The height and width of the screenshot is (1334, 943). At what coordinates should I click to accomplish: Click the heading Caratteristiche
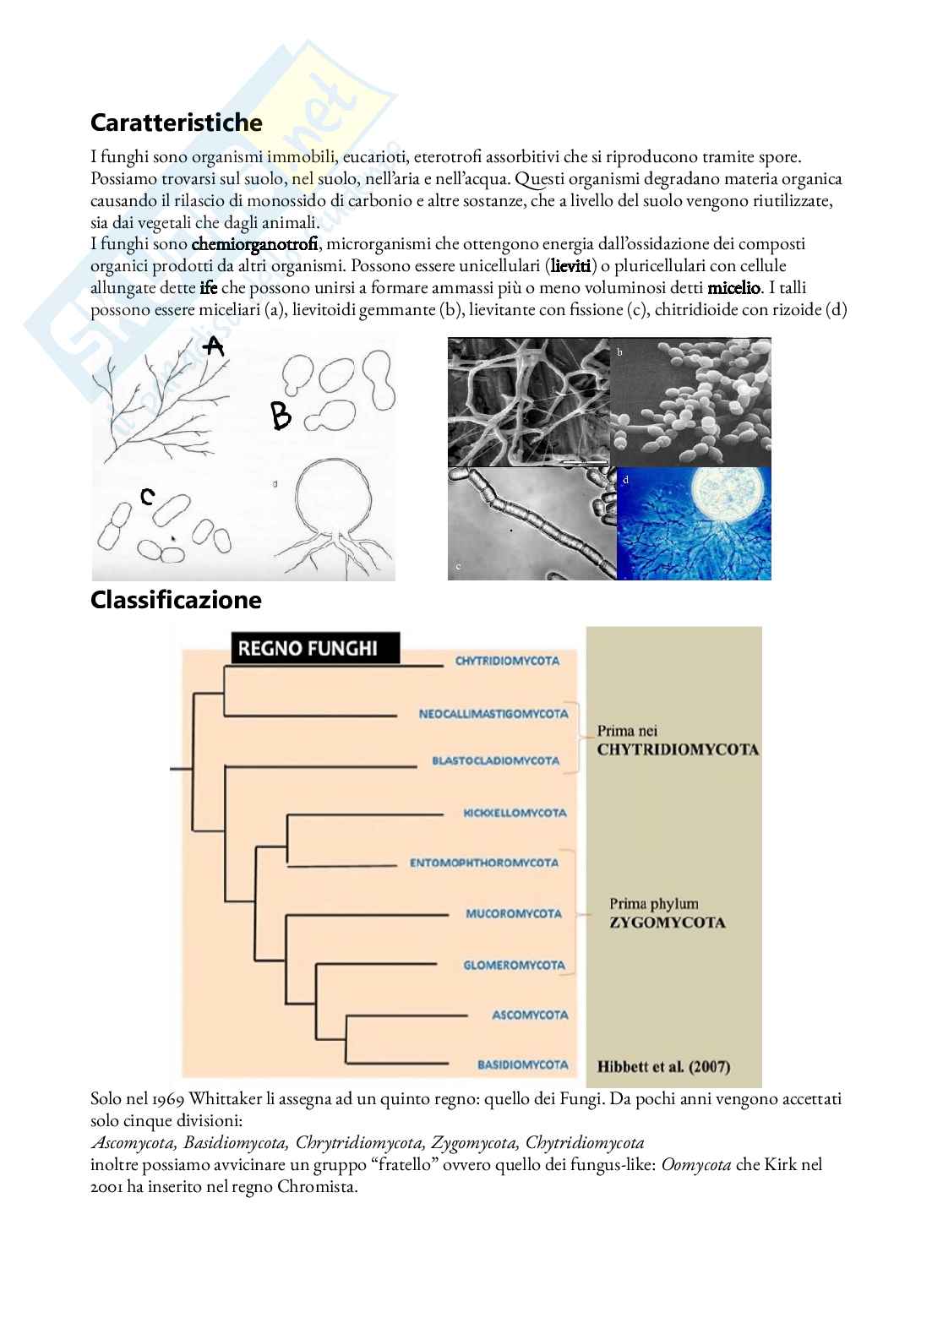point(176,123)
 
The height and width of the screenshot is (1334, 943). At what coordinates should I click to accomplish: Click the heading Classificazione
point(176,601)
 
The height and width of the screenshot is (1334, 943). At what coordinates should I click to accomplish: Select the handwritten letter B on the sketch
point(281,416)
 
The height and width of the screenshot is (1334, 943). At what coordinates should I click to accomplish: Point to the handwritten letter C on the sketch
point(147,497)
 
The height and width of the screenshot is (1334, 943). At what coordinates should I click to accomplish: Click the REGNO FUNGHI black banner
point(308,649)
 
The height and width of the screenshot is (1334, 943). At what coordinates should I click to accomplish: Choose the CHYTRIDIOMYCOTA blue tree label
point(507,661)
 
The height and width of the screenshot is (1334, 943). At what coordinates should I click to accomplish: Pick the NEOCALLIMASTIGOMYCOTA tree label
point(493,714)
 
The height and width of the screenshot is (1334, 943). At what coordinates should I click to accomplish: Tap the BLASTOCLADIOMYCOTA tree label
point(495,760)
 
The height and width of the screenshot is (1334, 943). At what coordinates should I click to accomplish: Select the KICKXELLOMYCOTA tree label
point(515,813)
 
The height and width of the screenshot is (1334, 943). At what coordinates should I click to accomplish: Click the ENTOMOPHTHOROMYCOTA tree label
point(484,863)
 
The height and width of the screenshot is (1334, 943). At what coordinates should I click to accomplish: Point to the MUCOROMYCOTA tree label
point(514,913)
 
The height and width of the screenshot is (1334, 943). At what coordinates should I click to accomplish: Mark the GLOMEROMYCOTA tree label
point(514,965)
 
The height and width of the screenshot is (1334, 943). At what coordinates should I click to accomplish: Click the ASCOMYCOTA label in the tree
point(530,1015)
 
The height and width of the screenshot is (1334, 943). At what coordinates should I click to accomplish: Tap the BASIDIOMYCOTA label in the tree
point(523,1064)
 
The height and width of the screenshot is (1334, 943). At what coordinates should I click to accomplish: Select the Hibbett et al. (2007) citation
point(663,1066)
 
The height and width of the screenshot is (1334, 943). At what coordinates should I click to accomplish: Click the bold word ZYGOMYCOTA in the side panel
point(668,923)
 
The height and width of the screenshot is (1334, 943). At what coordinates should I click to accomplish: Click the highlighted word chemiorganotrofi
point(255,245)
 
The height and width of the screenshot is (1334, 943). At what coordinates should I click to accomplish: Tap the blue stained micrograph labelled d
point(694,524)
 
